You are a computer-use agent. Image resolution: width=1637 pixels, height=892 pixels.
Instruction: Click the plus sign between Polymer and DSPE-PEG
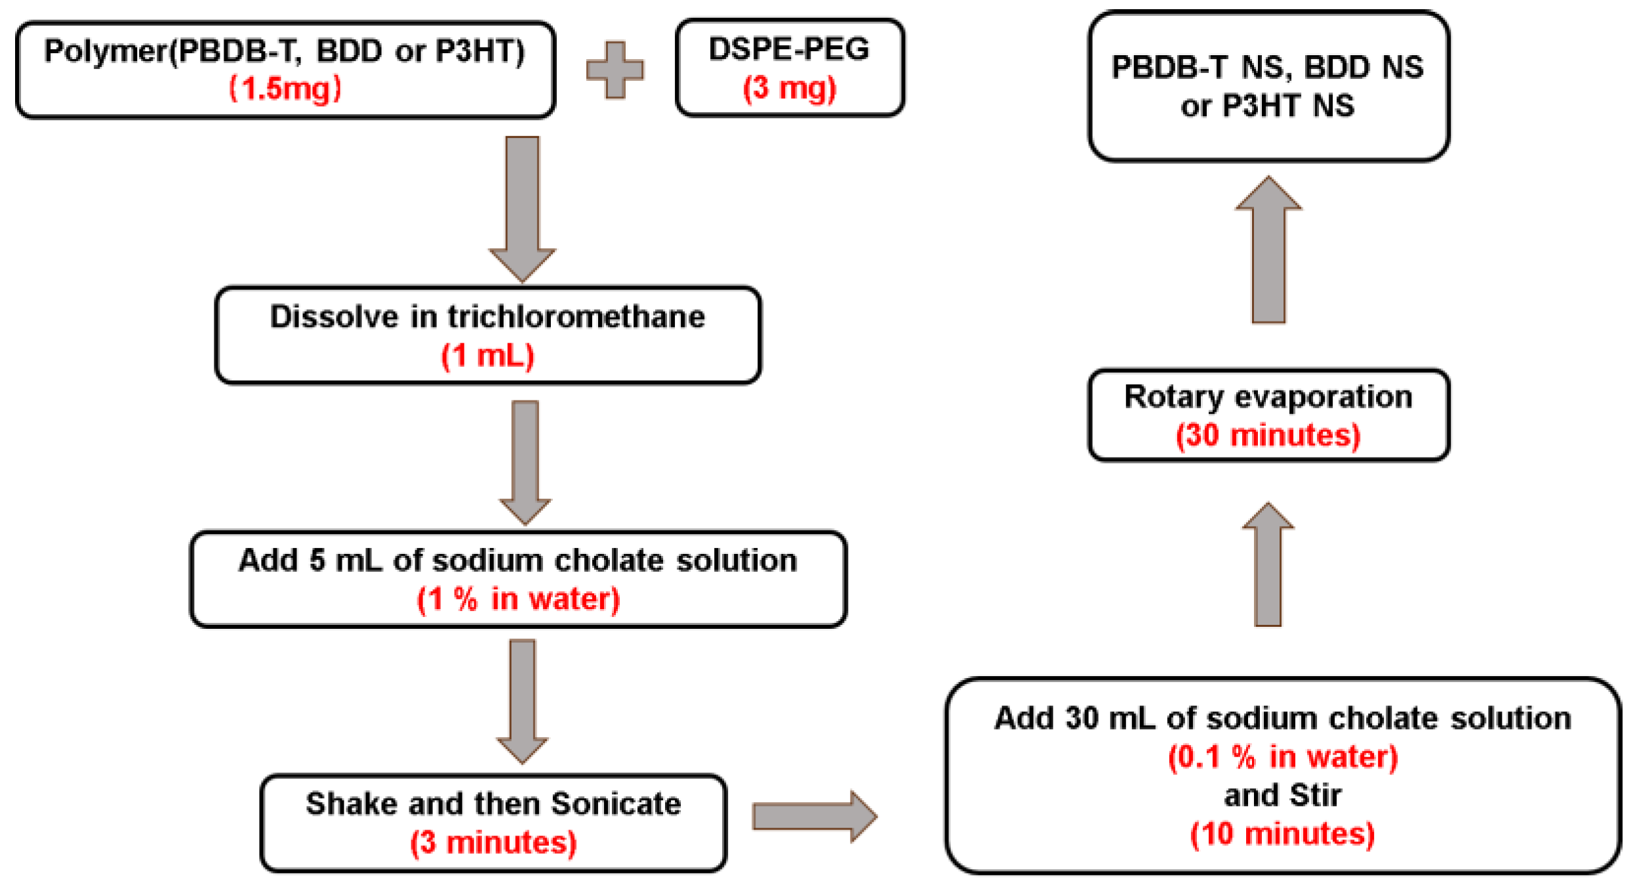coord(615,70)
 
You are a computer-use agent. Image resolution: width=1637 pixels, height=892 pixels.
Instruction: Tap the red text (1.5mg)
coord(285,88)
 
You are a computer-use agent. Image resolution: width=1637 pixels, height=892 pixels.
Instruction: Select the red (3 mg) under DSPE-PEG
coord(789,87)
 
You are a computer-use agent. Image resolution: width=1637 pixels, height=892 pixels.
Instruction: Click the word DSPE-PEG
coord(789,49)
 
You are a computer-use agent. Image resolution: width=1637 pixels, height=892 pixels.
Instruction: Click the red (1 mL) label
coord(487,356)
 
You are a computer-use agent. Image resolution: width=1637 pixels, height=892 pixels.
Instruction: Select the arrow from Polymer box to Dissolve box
coord(522,207)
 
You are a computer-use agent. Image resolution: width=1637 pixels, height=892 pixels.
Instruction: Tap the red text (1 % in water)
coord(518,599)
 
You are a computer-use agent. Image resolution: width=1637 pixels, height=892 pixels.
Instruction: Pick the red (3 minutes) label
coord(493,843)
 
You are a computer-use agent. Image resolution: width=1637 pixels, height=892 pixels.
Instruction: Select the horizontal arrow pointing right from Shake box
coord(813,817)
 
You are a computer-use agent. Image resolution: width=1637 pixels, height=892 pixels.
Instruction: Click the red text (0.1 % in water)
coord(1282,757)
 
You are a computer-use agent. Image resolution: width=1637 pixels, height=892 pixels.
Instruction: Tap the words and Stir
coord(1282,796)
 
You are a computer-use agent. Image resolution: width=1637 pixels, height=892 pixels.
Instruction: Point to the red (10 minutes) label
coord(1282,834)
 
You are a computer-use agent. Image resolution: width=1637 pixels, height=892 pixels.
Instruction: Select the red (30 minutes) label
coord(1268,436)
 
